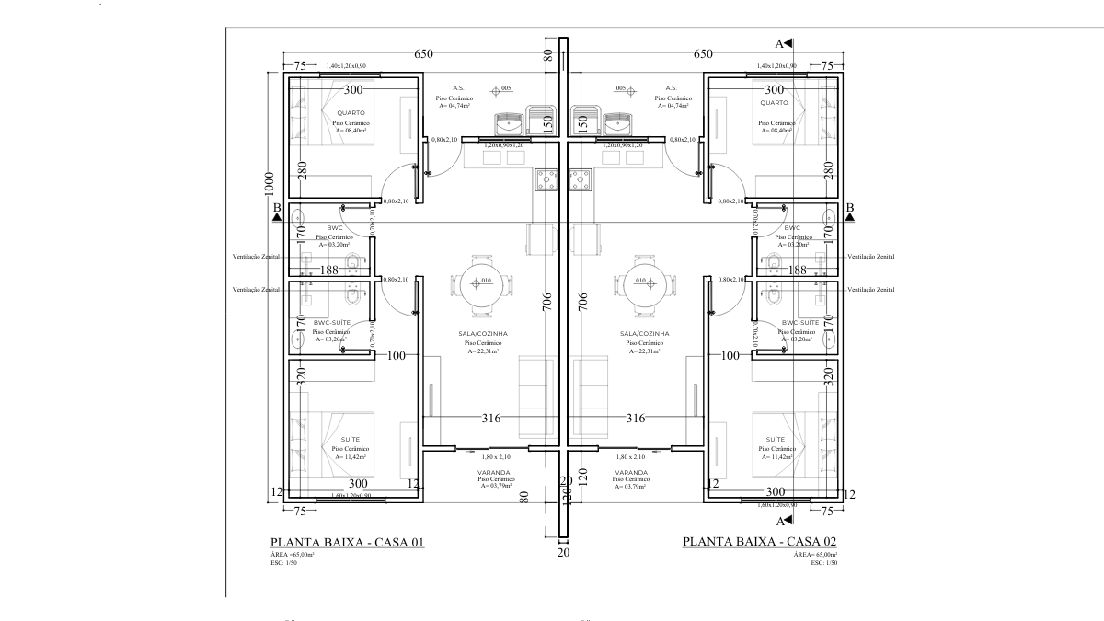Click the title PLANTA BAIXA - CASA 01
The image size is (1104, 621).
click(x=346, y=543)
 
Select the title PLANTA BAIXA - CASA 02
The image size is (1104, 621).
click(x=759, y=542)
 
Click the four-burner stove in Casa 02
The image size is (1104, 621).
click(x=581, y=179)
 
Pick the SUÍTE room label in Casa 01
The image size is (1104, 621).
click(x=350, y=439)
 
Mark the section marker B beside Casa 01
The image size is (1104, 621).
click(x=276, y=211)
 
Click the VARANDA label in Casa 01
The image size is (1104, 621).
click(x=493, y=472)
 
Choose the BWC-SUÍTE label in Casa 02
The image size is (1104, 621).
click(x=799, y=323)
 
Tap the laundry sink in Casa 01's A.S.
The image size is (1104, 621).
click(x=507, y=121)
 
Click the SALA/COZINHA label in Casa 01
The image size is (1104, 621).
click(x=483, y=333)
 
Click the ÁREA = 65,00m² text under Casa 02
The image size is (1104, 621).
click(x=814, y=555)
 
